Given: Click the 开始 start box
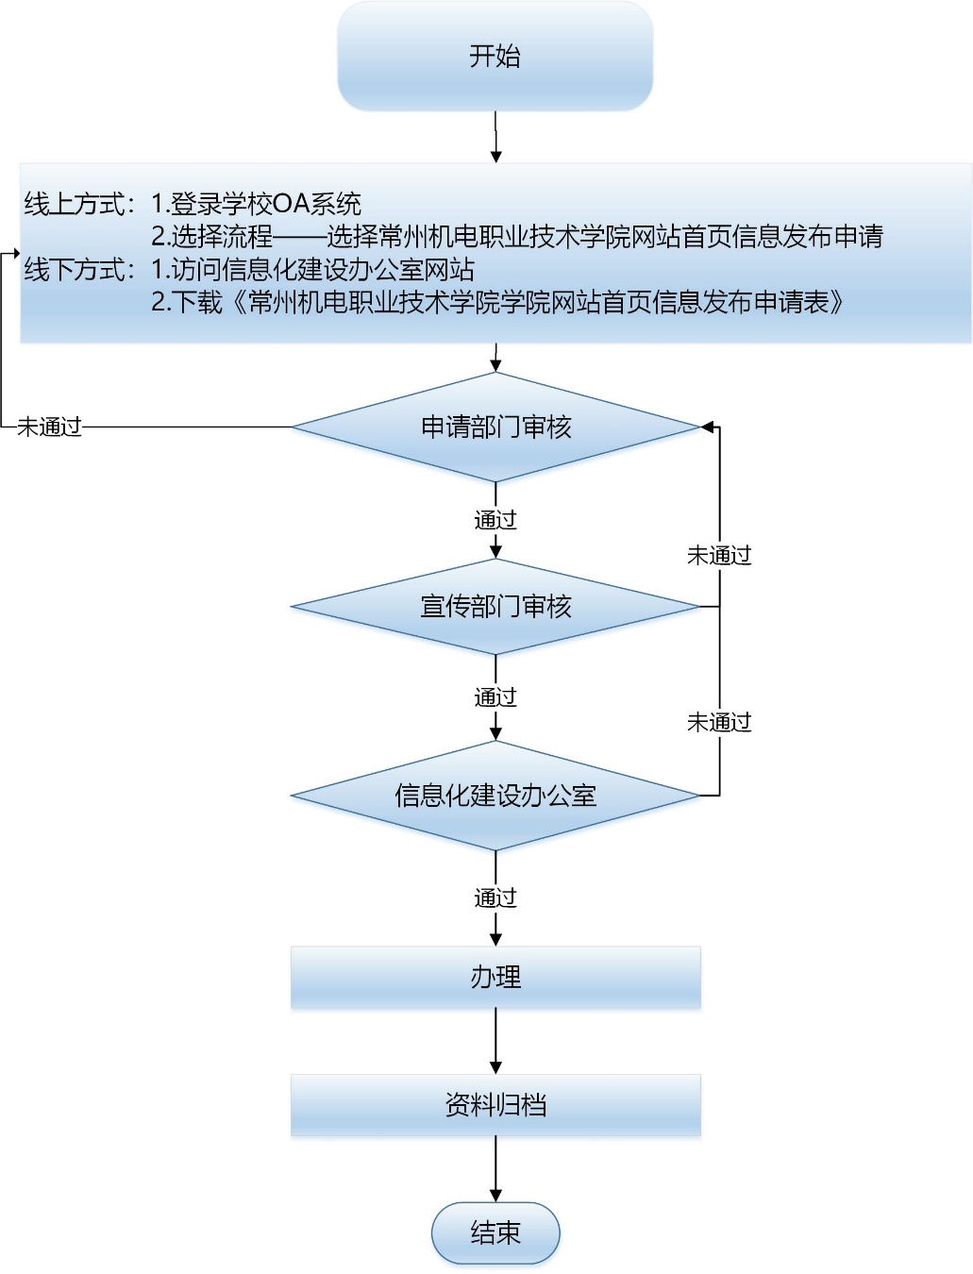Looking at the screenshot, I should click(x=495, y=57).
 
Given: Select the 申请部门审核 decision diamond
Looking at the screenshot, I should click(x=495, y=427).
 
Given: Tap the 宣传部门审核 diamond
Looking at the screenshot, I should click(x=495, y=606).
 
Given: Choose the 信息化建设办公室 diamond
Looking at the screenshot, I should click(x=495, y=796).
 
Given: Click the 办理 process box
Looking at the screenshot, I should click(x=495, y=978).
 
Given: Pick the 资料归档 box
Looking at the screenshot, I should click(x=495, y=1105).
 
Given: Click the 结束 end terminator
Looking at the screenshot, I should click(x=495, y=1232).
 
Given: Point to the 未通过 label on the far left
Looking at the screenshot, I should click(x=50, y=427).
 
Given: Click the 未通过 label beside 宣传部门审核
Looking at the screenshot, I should click(x=719, y=556).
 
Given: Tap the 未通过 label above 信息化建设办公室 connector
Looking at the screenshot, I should click(x=719, y=723).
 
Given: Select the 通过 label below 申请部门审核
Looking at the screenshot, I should click(x=495, y=520).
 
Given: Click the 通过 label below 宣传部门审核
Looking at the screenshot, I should click(x=495, y=697).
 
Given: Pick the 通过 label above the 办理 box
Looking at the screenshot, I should click(x=495, y=897).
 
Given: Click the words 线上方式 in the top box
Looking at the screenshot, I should click(x=75, y=204).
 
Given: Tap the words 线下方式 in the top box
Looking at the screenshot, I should click(x=75, y=270).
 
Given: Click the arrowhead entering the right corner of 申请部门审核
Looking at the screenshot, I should click(x=707, y=427).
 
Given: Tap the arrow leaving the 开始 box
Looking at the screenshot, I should click(x=495, y=137).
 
